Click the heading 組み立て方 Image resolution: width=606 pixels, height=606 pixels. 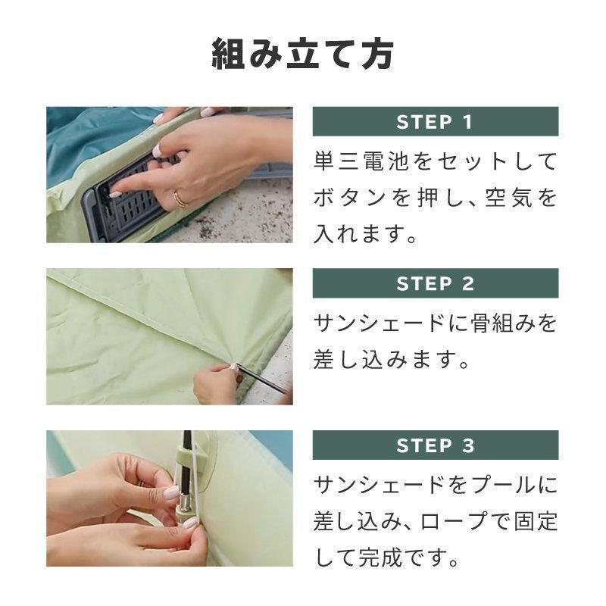302,55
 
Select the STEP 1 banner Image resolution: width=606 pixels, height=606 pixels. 435,121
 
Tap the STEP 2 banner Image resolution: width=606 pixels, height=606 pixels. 435,283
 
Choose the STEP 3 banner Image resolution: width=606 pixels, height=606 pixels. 435,445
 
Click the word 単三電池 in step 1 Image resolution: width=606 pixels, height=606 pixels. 362,161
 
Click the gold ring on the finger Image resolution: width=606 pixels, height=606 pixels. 180,199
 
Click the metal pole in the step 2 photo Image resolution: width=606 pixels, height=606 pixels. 261,379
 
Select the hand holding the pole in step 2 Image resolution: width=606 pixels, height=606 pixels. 216,385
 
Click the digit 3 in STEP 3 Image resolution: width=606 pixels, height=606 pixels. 467,445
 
